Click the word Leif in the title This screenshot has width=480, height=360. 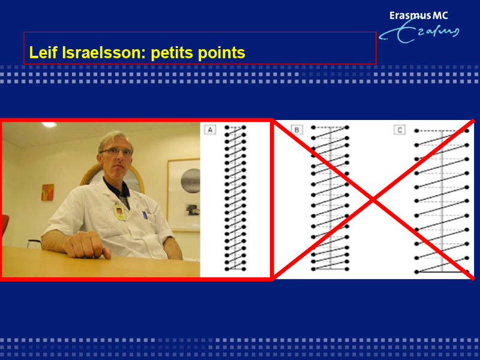pos(43,52)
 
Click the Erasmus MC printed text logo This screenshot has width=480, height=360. pos(418,16)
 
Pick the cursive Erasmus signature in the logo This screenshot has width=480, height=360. pos(419,32)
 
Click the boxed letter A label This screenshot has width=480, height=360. pos(210,130)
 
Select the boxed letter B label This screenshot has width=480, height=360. pos(296,130)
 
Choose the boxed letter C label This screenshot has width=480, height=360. pos(400,130)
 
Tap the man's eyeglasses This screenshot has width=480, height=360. pos(116,151)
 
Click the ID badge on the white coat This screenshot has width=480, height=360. pos(119,212)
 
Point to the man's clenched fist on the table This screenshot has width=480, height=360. pos(85,244)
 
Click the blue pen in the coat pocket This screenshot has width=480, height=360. pos(145,215)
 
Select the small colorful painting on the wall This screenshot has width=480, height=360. pos(48,192)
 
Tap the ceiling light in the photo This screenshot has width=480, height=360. pos(49,125)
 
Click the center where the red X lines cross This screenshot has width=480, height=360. pos(373,200)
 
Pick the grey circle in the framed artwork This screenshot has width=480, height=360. pos(190,181)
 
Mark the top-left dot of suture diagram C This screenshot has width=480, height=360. pos(416,131)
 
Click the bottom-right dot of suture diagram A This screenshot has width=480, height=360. pos(244,269)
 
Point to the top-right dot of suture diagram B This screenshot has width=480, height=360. pos(347,127)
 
